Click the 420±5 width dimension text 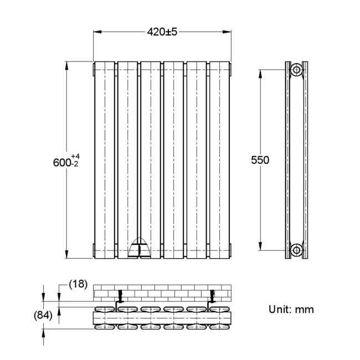pyautogui.click(x=162, y=32)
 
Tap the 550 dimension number pyautogui.click(x=259, y=160)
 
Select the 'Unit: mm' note pyautogui.click(x=291, y=309)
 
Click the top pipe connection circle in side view pyautogui.click(x=297, y=70)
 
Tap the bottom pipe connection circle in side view pyautogui.click(x=297, y=249)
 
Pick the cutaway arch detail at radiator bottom pyautogui.click(x=139, y=250)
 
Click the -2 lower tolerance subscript pyautogui.click(x=74, y=164)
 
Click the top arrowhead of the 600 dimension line pyautogui.click(x=68, y=64)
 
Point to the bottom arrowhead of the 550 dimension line pyautogui.click(x=260, y=246)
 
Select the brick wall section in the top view pyautogui.click(x=162, y=291)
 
